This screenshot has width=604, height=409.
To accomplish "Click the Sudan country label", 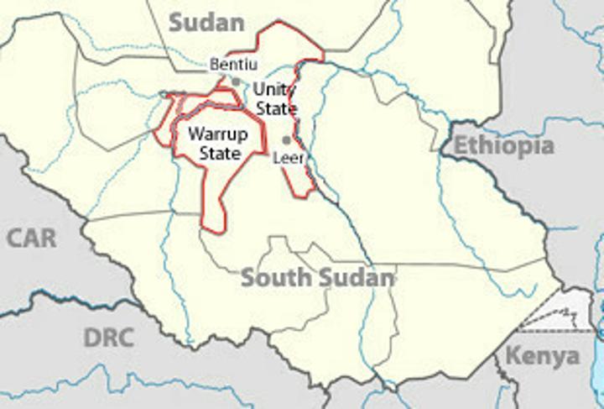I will coord(206,22).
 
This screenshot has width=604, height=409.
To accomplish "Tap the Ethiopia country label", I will coord(504,146).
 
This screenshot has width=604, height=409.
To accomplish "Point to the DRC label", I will coord(108,338).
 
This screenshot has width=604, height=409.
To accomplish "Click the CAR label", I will coord(32,238).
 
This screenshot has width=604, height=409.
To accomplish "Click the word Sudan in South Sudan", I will coord(356,278).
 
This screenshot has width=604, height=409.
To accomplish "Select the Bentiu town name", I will coord(233,64).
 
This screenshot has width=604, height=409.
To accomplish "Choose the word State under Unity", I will coord(276,109).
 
